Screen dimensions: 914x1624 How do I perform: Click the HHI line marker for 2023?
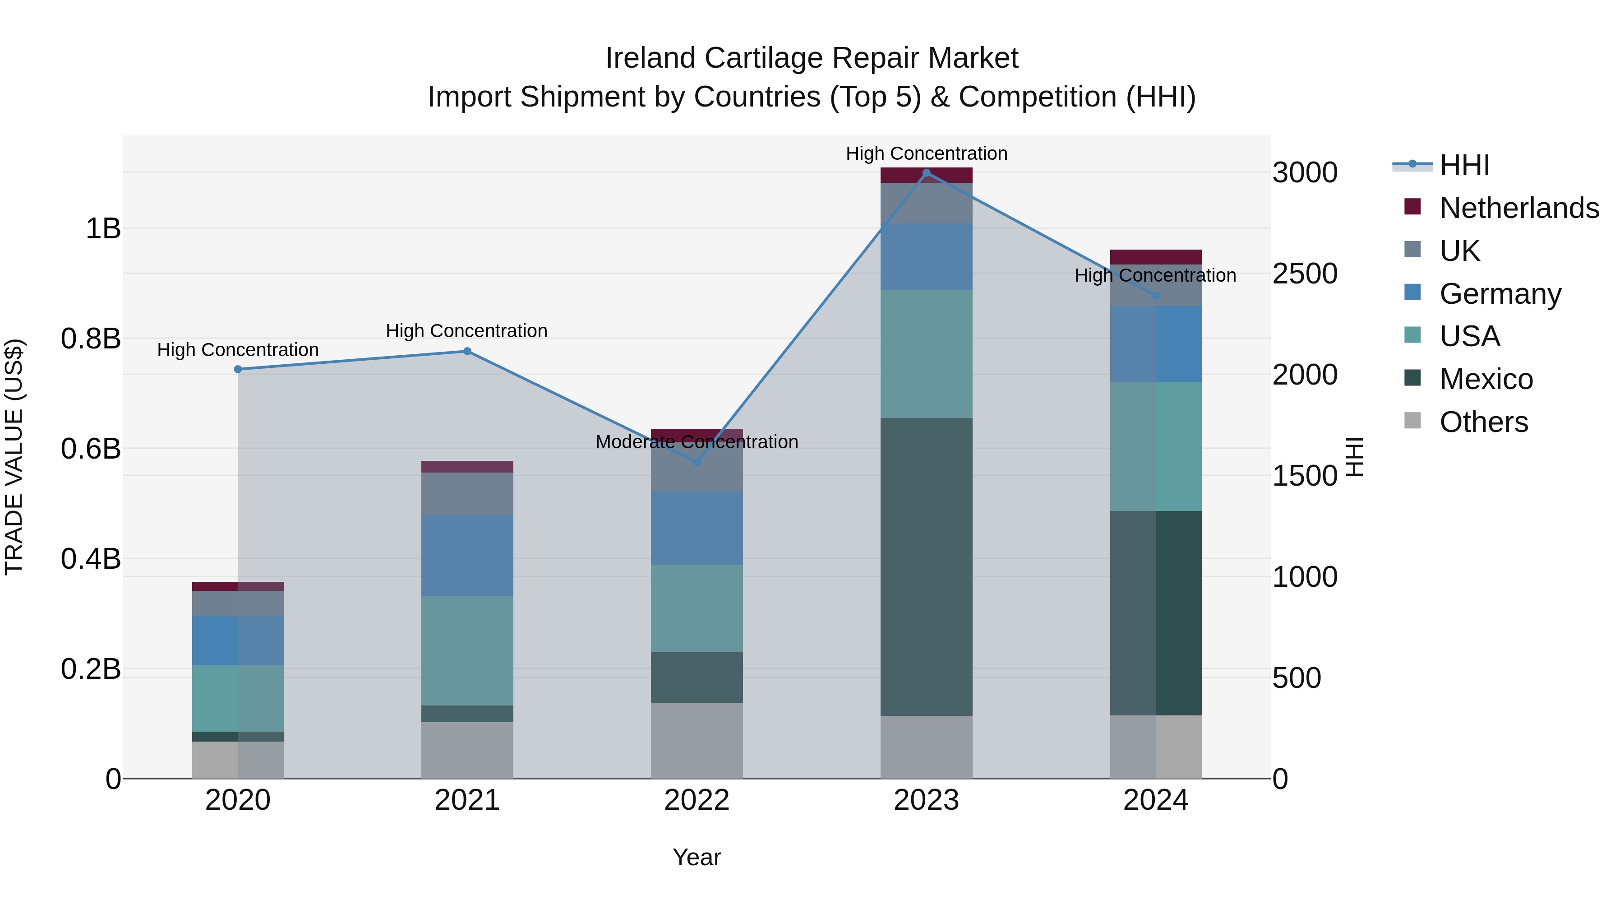click(926, 173)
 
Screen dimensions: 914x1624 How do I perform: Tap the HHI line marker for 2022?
click(697, 462)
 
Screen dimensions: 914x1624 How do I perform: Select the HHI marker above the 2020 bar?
click(238, 370)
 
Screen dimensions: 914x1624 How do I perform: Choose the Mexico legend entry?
click(1486, 379)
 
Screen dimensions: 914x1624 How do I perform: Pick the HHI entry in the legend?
click(1464, 165)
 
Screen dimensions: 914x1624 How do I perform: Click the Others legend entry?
click(1483, 422)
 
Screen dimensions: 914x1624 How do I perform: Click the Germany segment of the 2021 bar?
click(467, 555)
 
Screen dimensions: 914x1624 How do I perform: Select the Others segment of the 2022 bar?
click(697, 741)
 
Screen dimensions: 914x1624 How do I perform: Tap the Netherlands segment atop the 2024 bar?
click(1156, 257)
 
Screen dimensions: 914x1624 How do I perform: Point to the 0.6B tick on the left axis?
click(91, 449)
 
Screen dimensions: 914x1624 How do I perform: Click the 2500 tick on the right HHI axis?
click(1304, 274)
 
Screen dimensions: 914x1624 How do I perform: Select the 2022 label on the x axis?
click(697, 800)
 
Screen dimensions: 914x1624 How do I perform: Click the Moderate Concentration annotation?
click(697, 441)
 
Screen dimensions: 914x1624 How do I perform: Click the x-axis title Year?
click(697, 857)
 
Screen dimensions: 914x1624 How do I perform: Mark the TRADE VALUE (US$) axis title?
click(14, 457)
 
